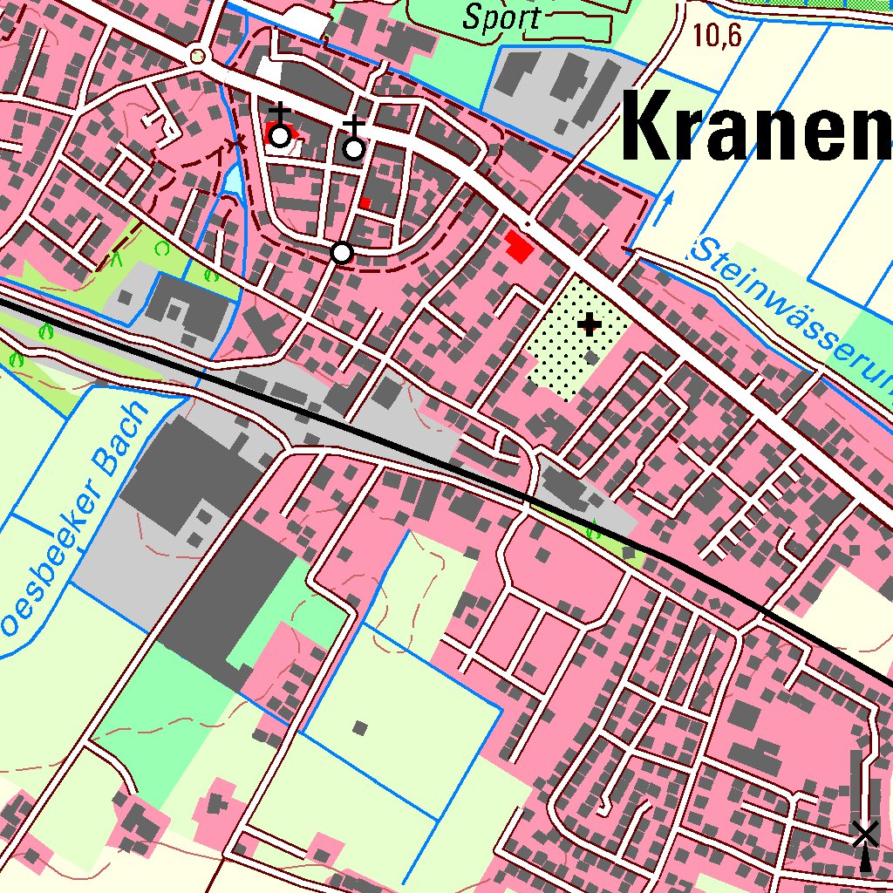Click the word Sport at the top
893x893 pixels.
click(x=501, y=17)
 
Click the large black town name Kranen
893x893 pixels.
click(x=755, y=128)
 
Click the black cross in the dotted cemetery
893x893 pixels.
click(x=590, y=325)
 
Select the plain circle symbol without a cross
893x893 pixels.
click(x=342, y=253)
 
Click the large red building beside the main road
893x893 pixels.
click(x=519, y=247)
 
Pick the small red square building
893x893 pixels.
click(x=365, y=203)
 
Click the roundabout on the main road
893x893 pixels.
click(x=199, y=58)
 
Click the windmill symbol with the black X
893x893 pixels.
click(x=864, y=835)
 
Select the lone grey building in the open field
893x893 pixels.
click(x=359, y=726)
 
